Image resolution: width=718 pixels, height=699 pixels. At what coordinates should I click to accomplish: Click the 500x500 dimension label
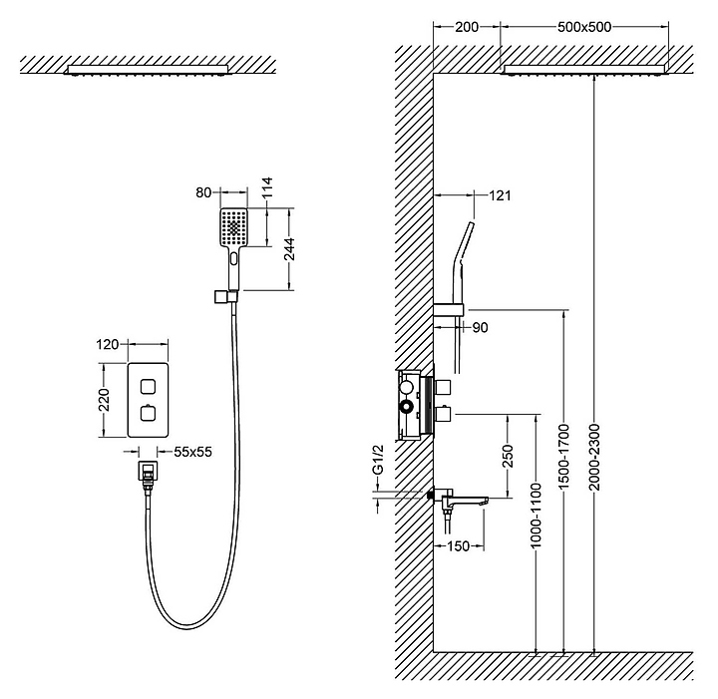pos(583,27)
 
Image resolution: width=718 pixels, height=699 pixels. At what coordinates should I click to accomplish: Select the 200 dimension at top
pos(467,27)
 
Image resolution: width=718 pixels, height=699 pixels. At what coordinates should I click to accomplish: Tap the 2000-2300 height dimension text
pos(594,457)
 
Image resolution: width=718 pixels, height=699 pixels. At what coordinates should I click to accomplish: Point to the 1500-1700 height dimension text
pos(563,457)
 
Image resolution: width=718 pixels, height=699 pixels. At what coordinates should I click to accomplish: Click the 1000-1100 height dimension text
pos(536,516)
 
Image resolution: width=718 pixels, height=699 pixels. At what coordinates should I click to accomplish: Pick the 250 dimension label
pos(508,456)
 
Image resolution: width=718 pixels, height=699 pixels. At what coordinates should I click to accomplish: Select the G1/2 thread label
pos(378,460)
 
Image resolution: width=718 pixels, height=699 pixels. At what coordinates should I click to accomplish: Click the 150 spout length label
pos(458,545)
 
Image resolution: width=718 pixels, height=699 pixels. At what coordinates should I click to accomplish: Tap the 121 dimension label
pos(500,195)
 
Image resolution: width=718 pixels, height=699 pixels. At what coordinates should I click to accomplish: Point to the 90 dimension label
pos(480,327)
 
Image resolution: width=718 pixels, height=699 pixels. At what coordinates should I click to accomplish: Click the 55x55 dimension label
pos(192,452)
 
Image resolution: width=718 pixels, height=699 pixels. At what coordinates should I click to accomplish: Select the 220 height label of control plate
pos(105,400)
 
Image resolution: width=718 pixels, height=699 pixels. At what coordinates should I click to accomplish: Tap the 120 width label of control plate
pos(108,344)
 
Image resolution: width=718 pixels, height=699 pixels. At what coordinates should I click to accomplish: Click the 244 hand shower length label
pos(290,249)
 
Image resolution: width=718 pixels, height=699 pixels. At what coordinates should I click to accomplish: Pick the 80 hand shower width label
pos(203,192)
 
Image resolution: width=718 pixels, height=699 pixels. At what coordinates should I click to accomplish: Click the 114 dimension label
pos(266,187)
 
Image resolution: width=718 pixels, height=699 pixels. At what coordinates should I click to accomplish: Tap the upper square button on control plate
pos(148,387)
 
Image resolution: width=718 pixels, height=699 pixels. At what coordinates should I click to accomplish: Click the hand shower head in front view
pos(234,228)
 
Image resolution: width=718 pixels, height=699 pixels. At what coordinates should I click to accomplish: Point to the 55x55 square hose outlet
pos(148,471)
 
